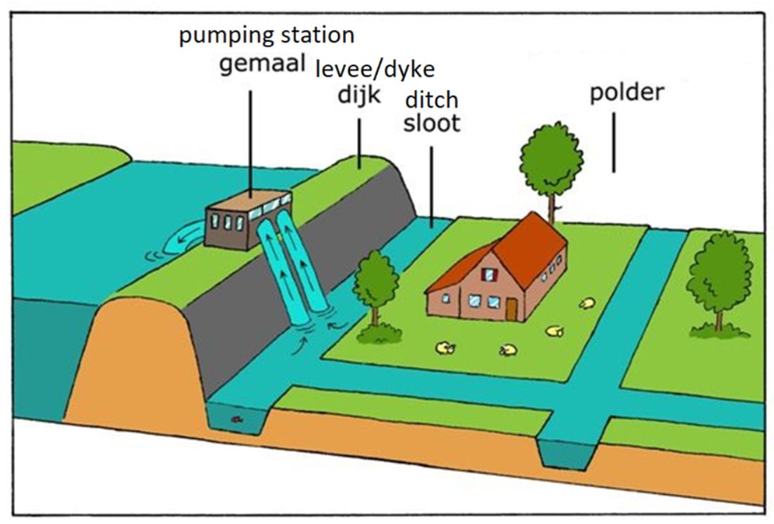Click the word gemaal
pos(262,65)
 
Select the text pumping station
pos(266,35)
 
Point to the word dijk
pos(359,94)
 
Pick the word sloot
pos(432,123)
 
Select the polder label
pos(626,92)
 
